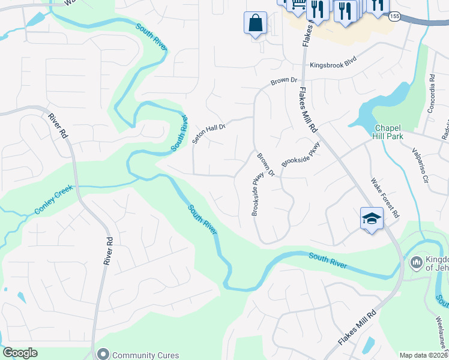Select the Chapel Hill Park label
tap(396, 132)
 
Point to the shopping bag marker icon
tap(255, 23)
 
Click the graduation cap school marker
tap(372, 218)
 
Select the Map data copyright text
tap(424, 355)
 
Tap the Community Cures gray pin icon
tap(103, 355)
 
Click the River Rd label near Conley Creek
tap(109, 250)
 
